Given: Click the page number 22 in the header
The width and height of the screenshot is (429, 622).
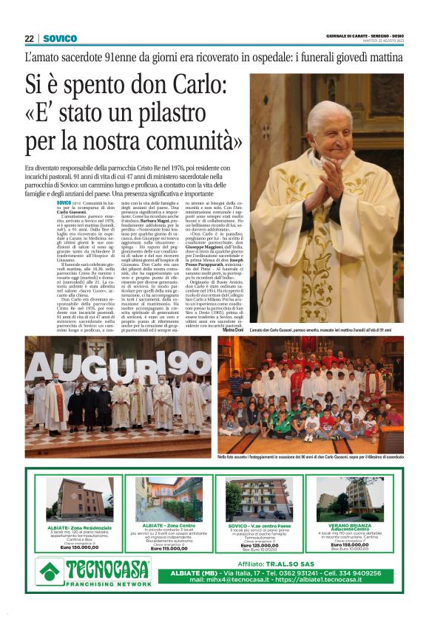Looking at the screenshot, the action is [x=29, y=38].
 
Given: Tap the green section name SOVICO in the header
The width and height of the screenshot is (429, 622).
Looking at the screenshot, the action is [x=60, y=38].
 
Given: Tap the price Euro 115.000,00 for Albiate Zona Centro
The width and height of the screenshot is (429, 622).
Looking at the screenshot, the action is [x=168, y=547].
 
